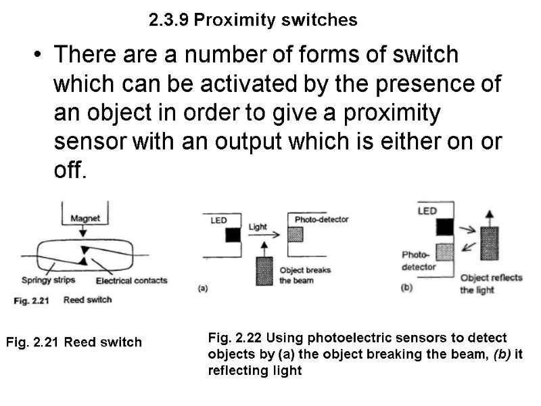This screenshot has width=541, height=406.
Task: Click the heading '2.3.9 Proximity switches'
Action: (x=253, y=20)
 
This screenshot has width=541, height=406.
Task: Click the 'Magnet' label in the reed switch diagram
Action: (x=85, y=219)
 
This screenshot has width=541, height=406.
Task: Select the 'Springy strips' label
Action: (x=48, y=280)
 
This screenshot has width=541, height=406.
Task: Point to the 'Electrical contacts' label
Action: (x=131, y=280)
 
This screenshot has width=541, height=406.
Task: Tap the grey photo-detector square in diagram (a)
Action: (x=296, y=234)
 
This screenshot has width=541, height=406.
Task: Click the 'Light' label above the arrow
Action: (x=258, y=227)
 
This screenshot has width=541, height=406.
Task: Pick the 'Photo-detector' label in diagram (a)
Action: (x=321, y=220)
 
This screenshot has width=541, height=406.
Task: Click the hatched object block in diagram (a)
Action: (x=264, y=271)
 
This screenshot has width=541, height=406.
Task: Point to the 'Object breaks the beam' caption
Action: (x=304, y=275)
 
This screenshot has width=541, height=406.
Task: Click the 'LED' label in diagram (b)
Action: (x=427, y=211)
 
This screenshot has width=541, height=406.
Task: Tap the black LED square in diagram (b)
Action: (x=444, y=226)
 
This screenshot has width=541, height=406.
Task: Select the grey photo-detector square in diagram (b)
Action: (x=444, y=252)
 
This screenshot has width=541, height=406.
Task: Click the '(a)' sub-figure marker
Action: (x=202, y=288)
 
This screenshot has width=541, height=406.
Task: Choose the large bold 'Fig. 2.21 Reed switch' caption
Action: (x=74, y=342)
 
